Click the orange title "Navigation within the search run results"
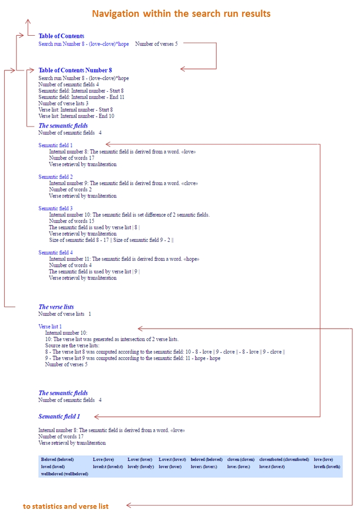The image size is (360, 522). pos(181,14)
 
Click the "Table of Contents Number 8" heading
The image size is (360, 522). pos(75,70)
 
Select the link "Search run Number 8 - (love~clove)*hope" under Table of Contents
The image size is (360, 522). pos(84,44)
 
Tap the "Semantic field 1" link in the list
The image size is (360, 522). pos(56,145)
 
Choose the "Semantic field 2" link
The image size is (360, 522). pos(56,177)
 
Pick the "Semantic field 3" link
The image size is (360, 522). pos(56,209)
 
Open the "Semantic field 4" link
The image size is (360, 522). pos(56,253)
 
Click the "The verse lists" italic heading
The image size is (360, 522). pos(56,307)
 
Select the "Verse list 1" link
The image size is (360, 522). pos(50,327)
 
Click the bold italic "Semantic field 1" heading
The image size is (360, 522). pos(59,416)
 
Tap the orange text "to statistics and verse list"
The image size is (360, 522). pos(66,506)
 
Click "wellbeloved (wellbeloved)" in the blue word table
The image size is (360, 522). pos(64,474)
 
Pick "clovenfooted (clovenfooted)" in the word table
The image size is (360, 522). pos(284,460)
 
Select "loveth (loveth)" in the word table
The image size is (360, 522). pos(327,467)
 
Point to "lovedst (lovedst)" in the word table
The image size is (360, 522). pos(108,467)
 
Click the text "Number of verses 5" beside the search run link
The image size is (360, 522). pos(156,44)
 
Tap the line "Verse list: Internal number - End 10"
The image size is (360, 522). pos(76,116)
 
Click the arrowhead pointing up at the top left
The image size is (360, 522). pos(28,22)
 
